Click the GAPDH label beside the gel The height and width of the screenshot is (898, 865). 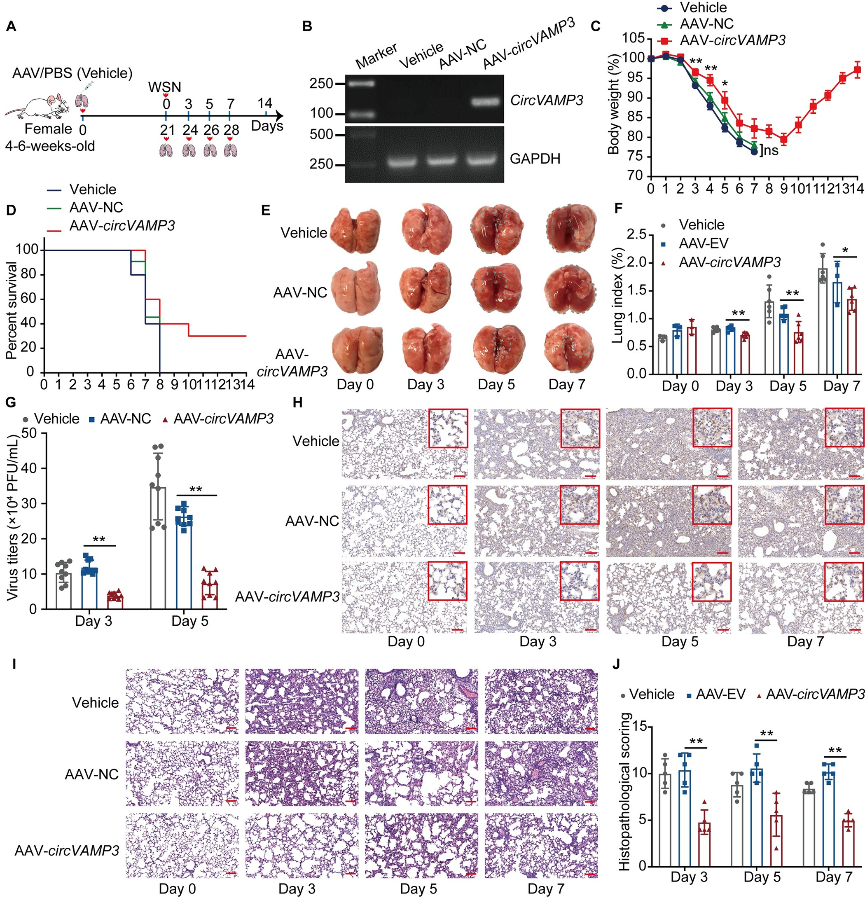(x=535, y=159)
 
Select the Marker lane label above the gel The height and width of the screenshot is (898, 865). (x=376, y=55)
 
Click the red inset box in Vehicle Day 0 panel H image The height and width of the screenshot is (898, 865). (x=448, y=428)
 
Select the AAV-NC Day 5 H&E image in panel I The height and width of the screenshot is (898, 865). (x=421, y=774)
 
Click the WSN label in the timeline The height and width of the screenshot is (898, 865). (x=164, y=87)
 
